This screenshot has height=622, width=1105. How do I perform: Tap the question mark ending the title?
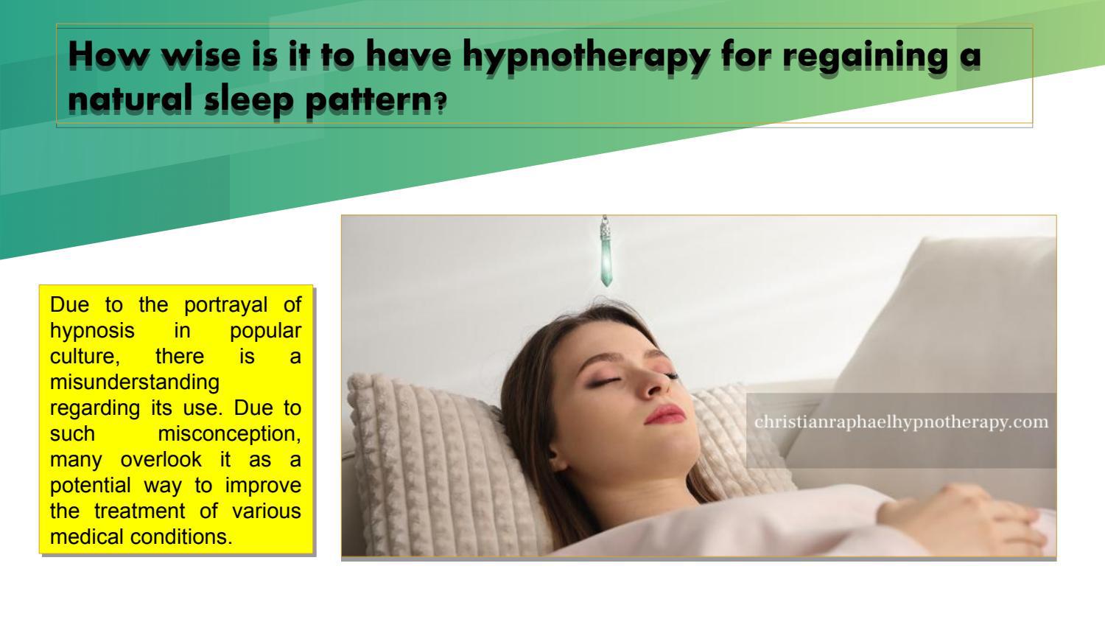click(440, 104)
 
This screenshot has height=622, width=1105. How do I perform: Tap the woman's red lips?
click(664, 414)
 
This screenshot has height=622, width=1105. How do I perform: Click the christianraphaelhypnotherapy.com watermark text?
click(901, 422)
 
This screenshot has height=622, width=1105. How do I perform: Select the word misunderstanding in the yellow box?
click(135, 382)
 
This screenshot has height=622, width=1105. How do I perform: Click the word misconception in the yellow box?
click(229, 433)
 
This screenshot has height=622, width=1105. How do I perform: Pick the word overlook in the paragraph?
click(161, 459)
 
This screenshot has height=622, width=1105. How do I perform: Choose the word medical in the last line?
click(87, 537)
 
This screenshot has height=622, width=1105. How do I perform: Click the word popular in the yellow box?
click(265, 330)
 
